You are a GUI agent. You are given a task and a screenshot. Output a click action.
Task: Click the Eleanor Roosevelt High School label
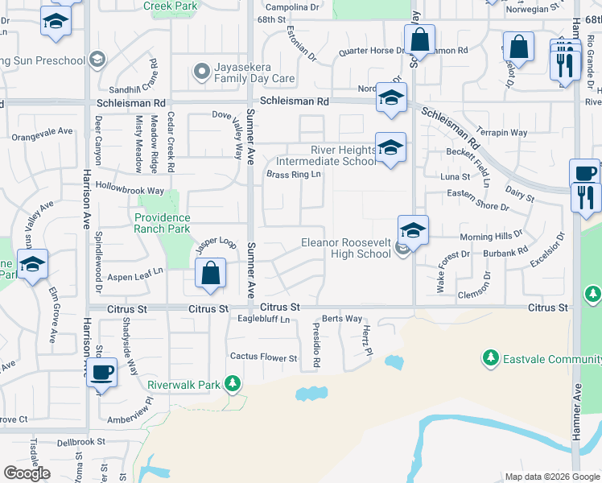click(345, 248)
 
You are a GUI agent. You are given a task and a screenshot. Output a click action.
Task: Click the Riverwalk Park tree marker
click(233, 384)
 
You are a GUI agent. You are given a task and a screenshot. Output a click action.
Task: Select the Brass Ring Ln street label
click(294, 174)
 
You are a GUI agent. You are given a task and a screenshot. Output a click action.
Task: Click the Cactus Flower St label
click(264, 356)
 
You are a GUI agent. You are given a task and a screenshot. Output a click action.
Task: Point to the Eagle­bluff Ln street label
click(263, 319)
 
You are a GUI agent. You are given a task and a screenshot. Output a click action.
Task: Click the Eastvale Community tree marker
click(489, 356)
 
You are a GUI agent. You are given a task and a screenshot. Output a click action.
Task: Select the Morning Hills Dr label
click(491, 237)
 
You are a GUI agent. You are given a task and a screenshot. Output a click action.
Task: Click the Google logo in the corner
click(26, 473)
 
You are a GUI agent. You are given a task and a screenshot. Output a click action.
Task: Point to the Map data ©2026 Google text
click(552, 477)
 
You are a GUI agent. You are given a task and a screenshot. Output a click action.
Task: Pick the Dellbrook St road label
click(81, 441)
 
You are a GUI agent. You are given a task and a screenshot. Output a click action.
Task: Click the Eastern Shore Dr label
click(478, 207)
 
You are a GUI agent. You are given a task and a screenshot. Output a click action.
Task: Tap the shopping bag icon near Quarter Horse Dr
click(419, 39)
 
